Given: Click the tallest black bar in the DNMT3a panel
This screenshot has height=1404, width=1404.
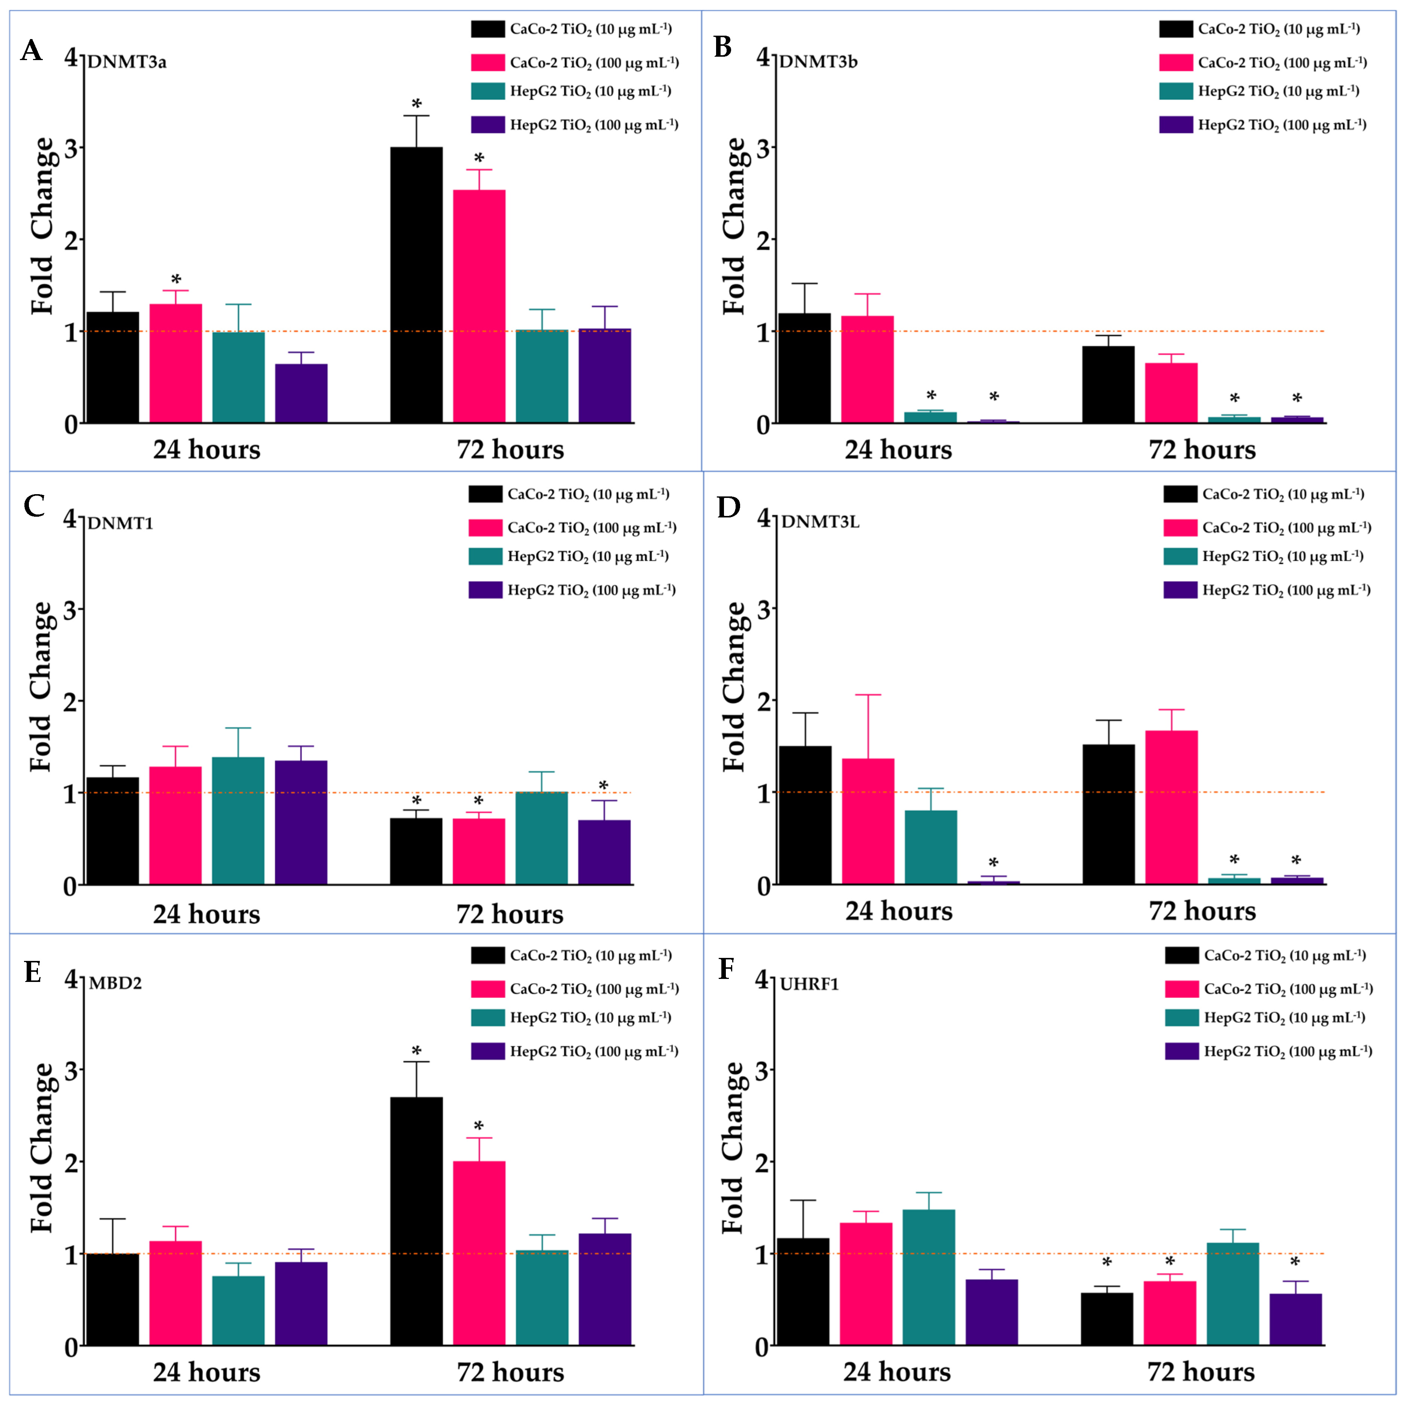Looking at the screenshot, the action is (x=416, y=285).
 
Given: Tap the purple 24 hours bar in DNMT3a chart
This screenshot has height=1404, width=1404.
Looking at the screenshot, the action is (x=301, y=393).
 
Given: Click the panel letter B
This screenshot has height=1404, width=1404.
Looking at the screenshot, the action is (x=722, y=47).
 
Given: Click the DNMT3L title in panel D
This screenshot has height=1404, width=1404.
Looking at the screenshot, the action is (x=820, y=522).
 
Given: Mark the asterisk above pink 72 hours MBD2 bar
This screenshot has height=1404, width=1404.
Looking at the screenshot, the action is (x=479, y=1127).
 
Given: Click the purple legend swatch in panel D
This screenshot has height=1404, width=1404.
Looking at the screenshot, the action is (x=1180, y=590).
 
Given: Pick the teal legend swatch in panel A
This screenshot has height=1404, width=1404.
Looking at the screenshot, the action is (x=488, y=91).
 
